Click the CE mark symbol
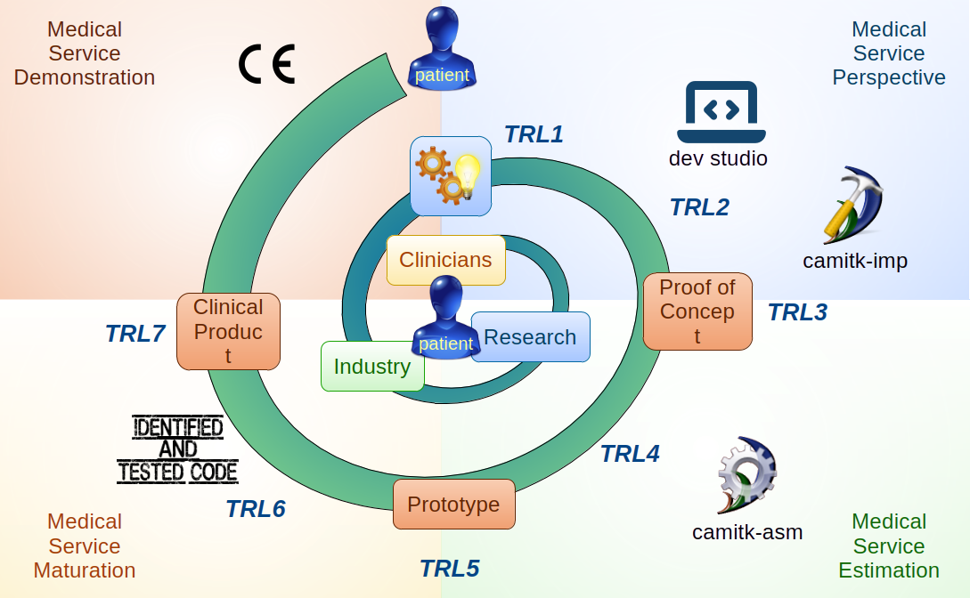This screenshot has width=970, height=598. [x=266, y=65]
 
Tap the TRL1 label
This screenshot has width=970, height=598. [x=534, y=134]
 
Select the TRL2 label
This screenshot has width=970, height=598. [x=699, y=207]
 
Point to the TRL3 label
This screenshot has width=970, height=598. [x=797, y=312]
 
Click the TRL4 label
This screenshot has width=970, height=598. [x=630, y=454]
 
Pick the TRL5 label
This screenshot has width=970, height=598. [x=449, y=568]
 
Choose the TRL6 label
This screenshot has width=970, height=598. [x=255, y=509]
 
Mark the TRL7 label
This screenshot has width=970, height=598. [x=135, y=334]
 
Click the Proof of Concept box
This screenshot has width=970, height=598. [x=697, y=311]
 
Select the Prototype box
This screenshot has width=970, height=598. [x=454, y=505]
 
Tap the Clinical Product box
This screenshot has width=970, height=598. [x=228, y=331]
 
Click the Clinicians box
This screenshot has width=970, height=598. [x=445, y=260]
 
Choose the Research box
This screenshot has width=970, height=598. [x=530, y=337]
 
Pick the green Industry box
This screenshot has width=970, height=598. [x=371, y=367]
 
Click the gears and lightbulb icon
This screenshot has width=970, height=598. [x=451, y=175]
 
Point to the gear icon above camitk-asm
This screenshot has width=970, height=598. [x=746, y=476]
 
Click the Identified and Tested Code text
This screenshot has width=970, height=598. [x=178, y=449]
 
